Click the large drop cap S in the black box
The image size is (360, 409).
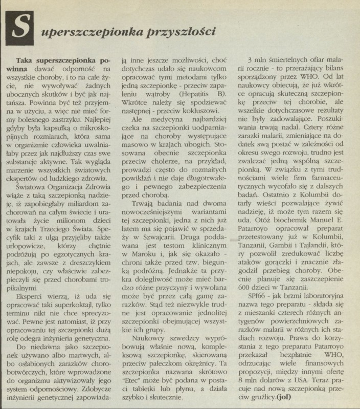coord(20,29)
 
